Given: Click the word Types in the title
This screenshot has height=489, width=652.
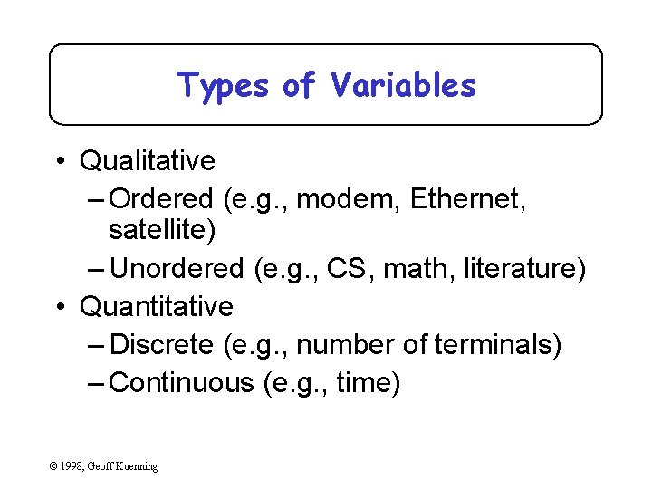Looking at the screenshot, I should tap(223, 86).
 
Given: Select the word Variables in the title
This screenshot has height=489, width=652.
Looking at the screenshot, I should tap(403, 85).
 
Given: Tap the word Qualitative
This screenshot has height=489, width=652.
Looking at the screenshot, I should tap(148, 161).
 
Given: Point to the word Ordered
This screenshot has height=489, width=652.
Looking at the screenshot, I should tap(161, 198).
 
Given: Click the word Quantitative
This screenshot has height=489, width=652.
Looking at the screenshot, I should tap(157, 307).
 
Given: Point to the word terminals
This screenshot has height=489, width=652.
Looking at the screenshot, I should tap(496, 345).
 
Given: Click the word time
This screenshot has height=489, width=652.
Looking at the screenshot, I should tap(365, 383).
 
